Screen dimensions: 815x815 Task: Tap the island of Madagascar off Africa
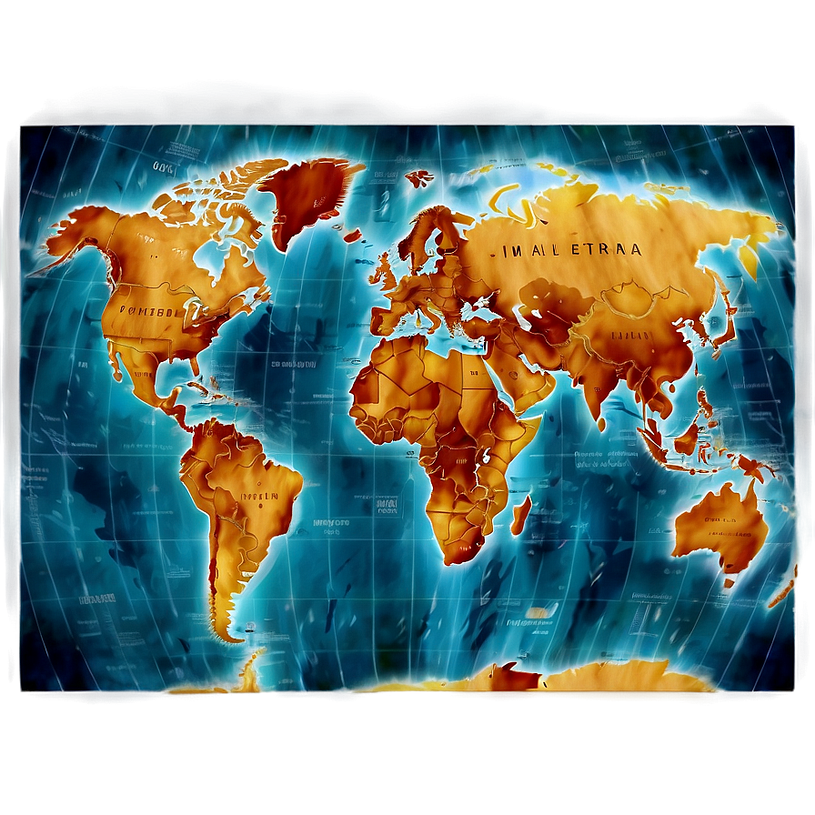[x=520, y=515]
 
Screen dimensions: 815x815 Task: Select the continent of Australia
[x=719, y=528]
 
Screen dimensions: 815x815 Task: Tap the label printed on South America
[x=257, y=497]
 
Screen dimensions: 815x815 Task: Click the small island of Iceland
[x=419, y=178]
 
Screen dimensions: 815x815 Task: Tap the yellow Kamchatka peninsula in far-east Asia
[x=748, y=259]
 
